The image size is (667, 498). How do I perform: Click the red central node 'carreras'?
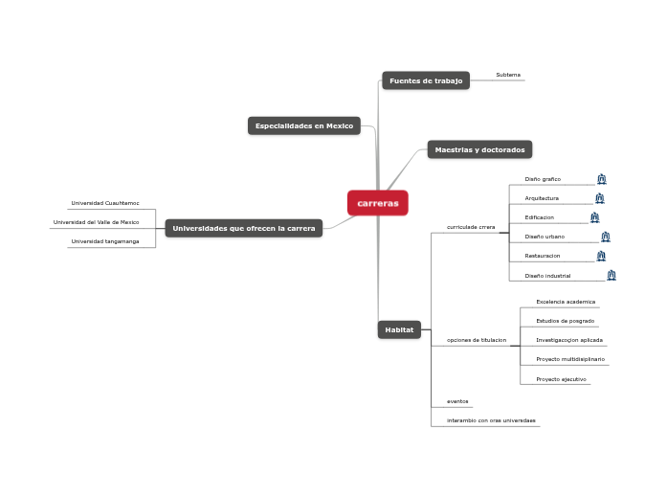tap(378, 203)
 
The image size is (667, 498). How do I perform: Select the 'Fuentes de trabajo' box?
tap(426, 80)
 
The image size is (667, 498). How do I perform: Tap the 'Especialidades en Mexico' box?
tap(304, 125)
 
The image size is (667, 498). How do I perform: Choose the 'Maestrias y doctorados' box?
tap(479, 149)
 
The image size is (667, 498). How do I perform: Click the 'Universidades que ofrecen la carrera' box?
tap(244, 228)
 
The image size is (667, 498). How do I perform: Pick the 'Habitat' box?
tap(399, 329)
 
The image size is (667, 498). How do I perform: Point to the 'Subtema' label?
tap(508, 75)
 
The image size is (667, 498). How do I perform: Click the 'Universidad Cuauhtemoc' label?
tap(105, 203)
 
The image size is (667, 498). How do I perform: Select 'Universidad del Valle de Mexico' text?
tap(97, 222)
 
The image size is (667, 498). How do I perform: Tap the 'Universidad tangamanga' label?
tap(105, 241)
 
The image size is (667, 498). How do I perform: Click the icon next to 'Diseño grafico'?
tap(601, 179)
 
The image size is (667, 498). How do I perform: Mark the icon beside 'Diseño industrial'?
tap(611, 276)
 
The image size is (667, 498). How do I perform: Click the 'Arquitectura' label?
tap(542, 198)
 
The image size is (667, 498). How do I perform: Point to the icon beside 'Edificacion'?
tap(594, 217)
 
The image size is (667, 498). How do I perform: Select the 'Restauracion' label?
tap(543, 257)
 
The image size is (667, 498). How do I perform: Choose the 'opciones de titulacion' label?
tap(477, 340)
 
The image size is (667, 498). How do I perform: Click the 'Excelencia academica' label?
tap(566, 302)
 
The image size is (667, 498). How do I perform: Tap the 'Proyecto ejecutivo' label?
tap(561, 379)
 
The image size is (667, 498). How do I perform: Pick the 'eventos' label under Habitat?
tap(457, 401)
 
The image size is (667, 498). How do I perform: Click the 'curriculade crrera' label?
tap(471, 227)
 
